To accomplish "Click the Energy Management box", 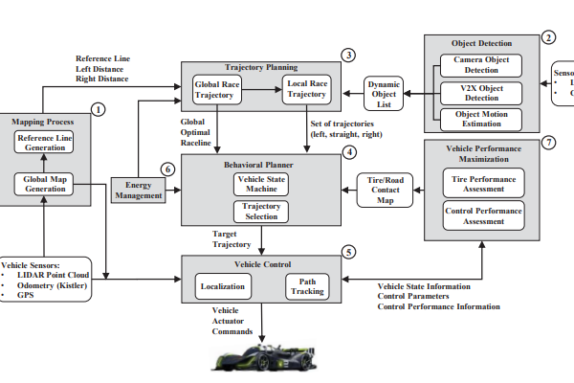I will click(x=138, y=190).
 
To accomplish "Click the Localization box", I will click(x=222, y=285).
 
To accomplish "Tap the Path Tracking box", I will click(x=306, y=285).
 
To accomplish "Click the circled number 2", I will click(x=548, y=38).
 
